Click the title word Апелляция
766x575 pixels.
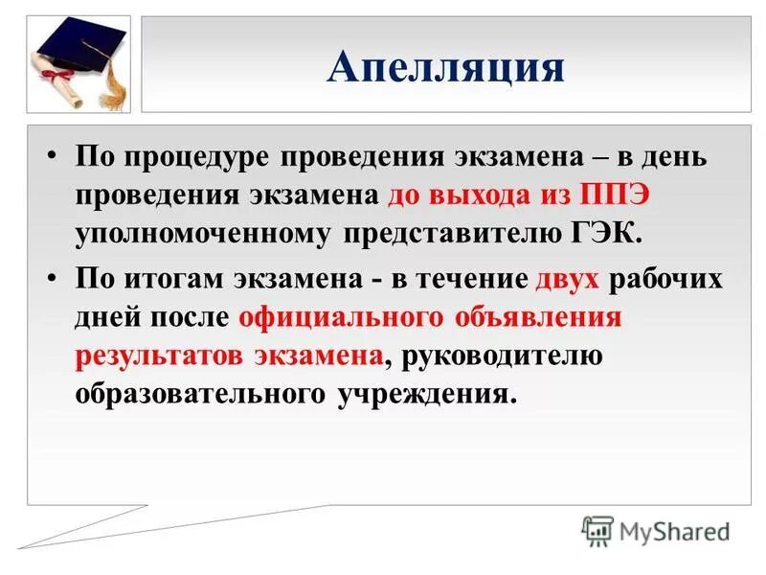445,66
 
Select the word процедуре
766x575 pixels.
200,157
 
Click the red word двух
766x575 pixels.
567,279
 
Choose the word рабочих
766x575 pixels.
666,279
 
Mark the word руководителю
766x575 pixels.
497,356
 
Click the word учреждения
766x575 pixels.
425,394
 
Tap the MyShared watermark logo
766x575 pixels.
656,530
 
